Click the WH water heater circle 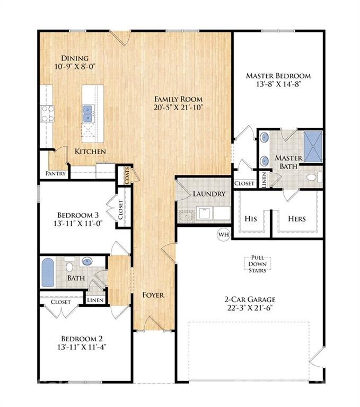223,233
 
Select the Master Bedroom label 278,76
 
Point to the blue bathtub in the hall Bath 48,272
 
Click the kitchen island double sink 88,111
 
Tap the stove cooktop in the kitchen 48,112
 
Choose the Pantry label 56,173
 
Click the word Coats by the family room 127,175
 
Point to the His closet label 251,218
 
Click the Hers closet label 297,218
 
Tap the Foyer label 153,295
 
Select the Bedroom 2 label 82,339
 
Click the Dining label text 75,58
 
